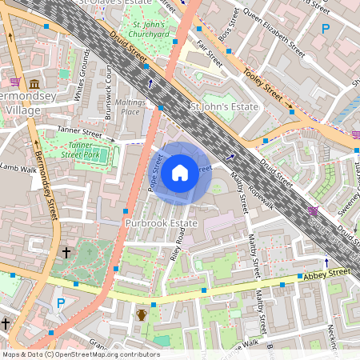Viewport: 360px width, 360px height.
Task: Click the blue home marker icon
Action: [x=180, y=172]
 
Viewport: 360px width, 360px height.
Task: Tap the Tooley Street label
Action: [x=262, y=81]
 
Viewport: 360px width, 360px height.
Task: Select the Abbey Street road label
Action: [x=326, y=274]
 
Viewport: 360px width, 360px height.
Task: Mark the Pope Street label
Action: [x=155, y=172]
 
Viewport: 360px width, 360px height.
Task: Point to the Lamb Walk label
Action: [x=19, y=168]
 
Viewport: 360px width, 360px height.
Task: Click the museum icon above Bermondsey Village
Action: [x=34, y=84]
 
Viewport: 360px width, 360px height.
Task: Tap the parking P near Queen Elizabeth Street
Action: [x=325, y=29]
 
